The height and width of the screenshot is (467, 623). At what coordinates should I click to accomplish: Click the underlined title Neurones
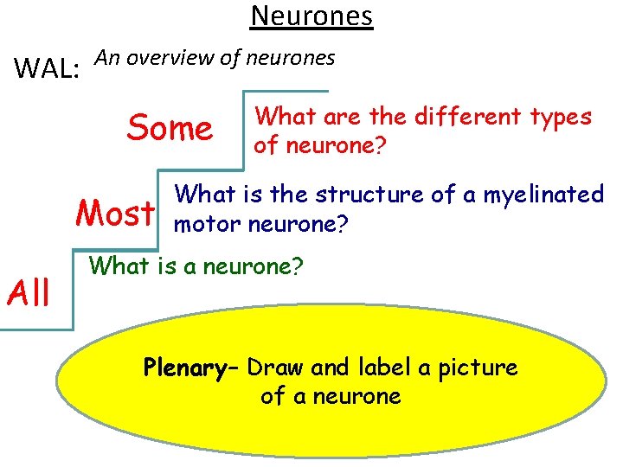pyautogui.click(x=311, y=16)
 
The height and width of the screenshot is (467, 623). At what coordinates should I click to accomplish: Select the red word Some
pyautogui.click(x=170, y=129)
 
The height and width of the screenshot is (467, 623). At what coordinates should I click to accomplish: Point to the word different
pyautogui.click(x=453, y=116)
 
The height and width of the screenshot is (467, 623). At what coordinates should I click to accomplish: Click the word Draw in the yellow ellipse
pyautogui.click(x=276, y=368)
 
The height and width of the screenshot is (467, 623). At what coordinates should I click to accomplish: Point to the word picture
pyautogui.click(x=478, y=368)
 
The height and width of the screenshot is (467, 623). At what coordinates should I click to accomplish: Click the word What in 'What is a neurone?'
pyautogui.click(x=122, y=266)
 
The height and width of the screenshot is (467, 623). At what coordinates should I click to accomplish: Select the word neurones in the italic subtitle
pyautogui.click(x=290, y=59)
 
